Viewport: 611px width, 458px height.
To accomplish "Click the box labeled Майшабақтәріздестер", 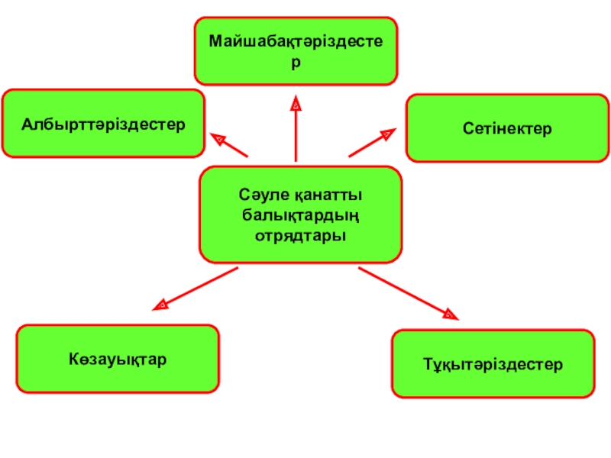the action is pos(296,50).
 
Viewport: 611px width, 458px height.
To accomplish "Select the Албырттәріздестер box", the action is pos(103,123).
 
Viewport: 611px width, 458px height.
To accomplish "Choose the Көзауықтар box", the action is pos(118,359).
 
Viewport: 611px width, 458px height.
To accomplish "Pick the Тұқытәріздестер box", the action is pos(493,364).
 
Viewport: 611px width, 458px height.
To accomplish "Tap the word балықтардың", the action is pos(300,215).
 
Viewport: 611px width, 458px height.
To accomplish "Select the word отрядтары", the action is pos(300,234).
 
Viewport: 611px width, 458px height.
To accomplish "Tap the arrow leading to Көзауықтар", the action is pos(196,289).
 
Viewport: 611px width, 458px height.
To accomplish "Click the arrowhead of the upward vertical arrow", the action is pos(296,101).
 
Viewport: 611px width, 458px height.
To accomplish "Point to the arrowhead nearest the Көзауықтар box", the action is pos(160,305).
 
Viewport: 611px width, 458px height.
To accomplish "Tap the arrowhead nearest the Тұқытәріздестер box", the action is pos(450,312).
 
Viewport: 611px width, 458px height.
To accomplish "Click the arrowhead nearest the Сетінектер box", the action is pos(387,134).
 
